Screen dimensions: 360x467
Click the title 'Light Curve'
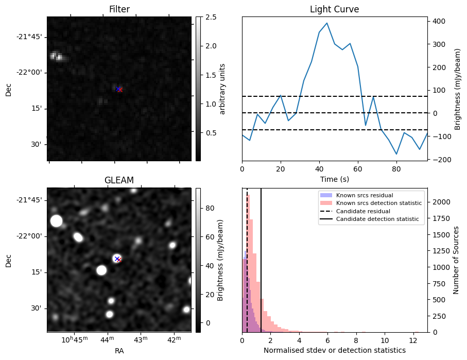point(334,9)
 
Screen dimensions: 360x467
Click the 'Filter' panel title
point(119,9)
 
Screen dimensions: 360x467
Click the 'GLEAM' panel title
point(119,180)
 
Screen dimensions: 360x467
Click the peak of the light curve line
point(327,23)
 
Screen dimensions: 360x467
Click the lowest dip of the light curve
point(396,154)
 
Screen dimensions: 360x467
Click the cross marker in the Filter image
point(119,89)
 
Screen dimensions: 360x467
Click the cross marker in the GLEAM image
point(117,259)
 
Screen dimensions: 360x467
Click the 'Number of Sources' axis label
point(456,260)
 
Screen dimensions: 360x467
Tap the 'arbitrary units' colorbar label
point(222,89)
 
